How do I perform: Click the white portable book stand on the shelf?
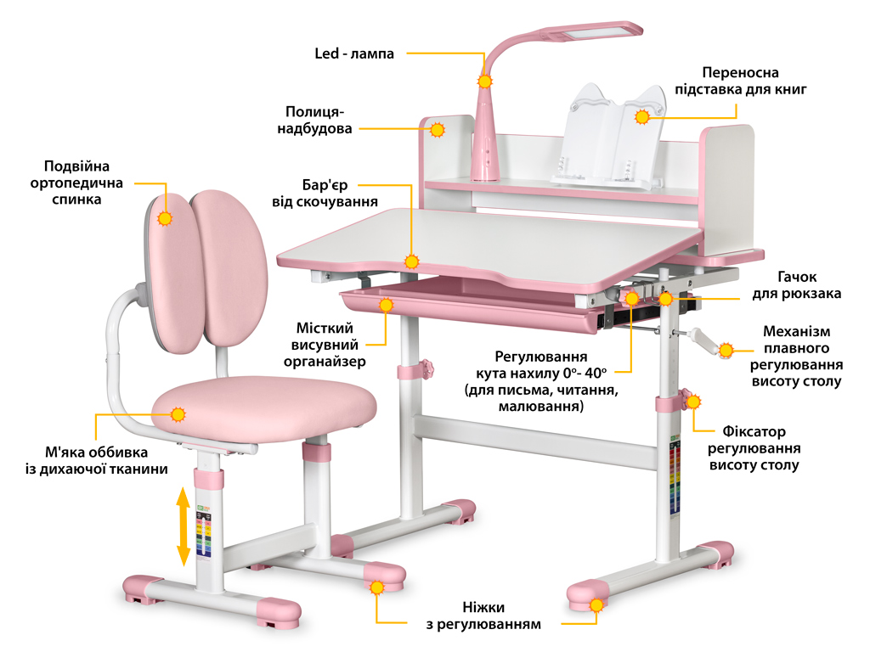(607, 136)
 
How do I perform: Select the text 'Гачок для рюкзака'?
(796, 285)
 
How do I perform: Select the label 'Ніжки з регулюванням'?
(483, 615)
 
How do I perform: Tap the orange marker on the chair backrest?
(165, 217)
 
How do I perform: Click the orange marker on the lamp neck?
(485, 81)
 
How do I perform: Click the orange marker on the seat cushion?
(178, 415)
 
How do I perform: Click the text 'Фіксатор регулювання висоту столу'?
(754, 448)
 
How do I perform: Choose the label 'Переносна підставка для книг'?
(740, 81)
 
